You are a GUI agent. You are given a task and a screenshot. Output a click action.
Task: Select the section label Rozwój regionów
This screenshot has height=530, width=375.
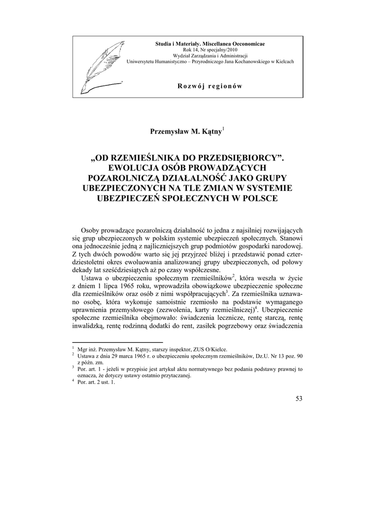tap(210, 86)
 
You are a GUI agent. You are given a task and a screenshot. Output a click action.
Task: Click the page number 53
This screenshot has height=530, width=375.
tap(298, 399)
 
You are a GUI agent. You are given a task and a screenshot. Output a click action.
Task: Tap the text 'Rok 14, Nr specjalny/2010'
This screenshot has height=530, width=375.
tap(210, 50)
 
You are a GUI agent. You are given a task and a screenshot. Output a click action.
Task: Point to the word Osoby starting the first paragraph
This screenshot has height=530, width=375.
tap(92, 230)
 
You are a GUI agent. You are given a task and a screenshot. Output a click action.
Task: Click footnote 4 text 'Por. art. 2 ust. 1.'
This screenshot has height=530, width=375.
tap(95, 382)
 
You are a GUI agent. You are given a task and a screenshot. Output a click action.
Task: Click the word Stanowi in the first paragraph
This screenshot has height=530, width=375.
tap(291, 239)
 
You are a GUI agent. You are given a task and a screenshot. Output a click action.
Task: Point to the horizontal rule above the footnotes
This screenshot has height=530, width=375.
tap(117, 343)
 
